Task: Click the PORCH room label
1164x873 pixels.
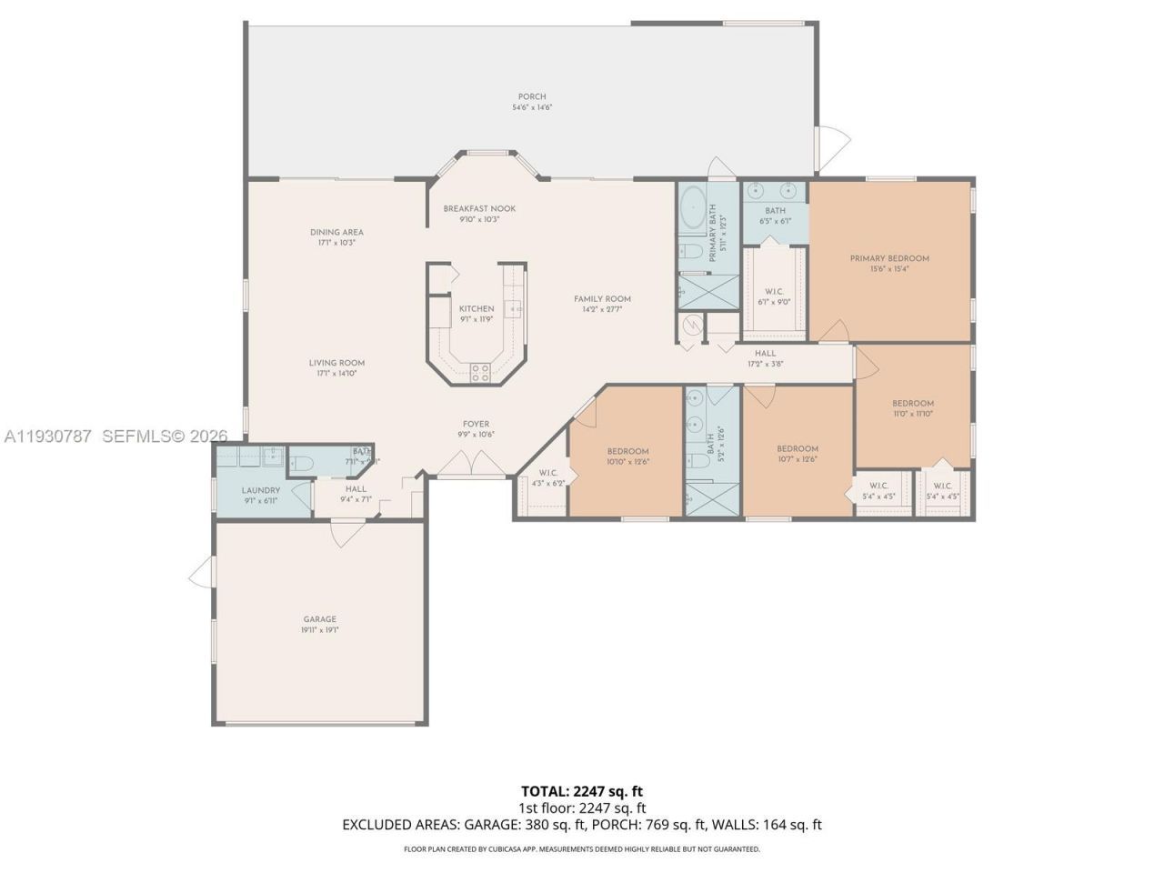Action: (532, 96)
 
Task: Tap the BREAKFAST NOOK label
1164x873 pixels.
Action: (479, 208)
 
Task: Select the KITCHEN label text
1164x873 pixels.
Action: (477, 308)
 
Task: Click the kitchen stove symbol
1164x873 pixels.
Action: (479, 371)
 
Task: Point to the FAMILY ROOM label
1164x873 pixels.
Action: (602, 299)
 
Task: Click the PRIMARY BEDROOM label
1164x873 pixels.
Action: (889, 258)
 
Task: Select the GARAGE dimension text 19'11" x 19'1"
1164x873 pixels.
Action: (319, 630)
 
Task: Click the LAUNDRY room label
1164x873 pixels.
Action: (261, 490)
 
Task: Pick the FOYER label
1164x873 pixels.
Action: (476, 424)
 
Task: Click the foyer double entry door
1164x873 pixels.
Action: (471, 465)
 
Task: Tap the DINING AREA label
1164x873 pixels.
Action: (336, 232)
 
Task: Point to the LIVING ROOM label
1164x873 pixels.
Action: (336, 363)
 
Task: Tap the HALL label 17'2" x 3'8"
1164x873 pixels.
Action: (765, 354)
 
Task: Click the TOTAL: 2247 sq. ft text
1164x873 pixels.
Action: (582, 791)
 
